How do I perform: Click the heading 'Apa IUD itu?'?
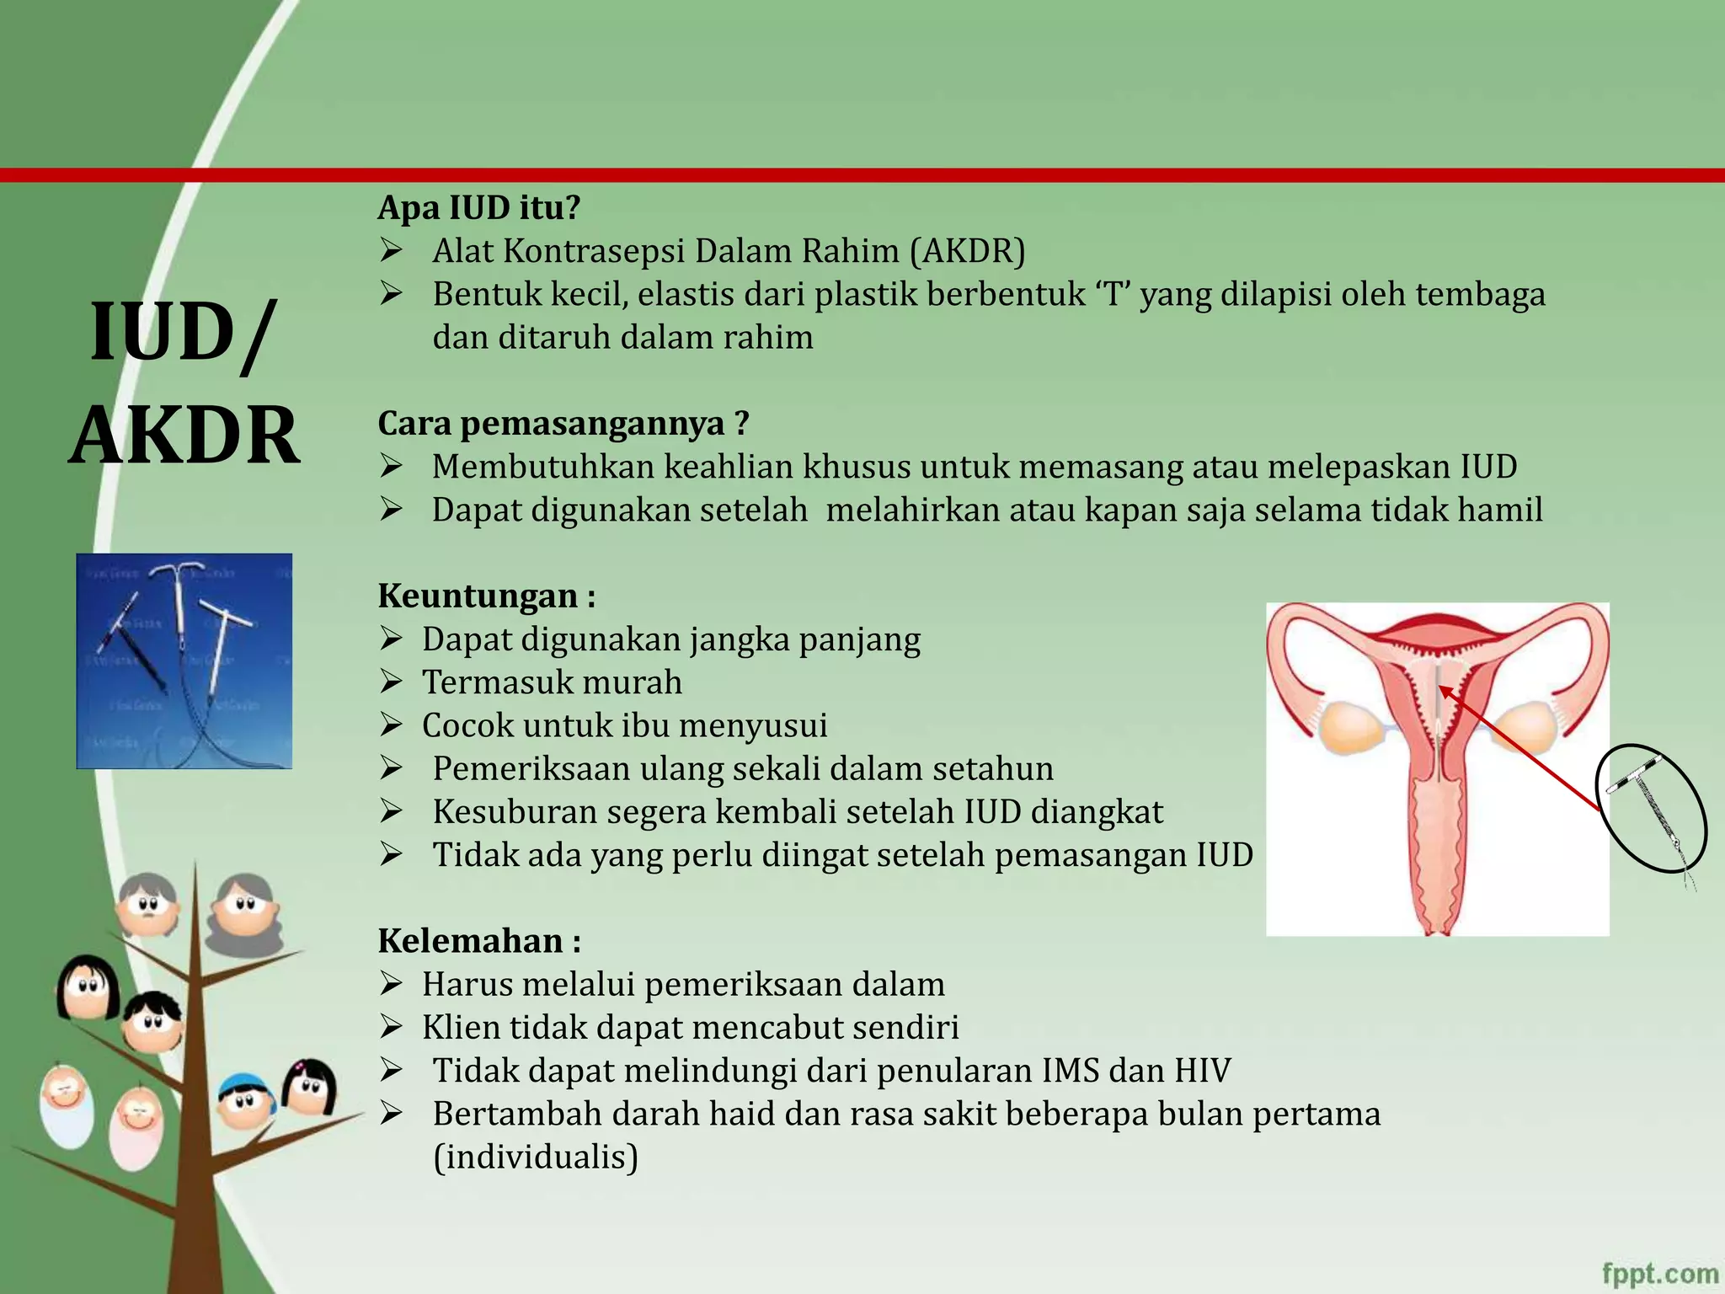coord(478,207)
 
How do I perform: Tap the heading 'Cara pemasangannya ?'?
coord(563,423)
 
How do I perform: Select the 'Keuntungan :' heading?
coord(487,596)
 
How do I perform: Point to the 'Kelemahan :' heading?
coord(479,941)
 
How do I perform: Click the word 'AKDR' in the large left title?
coord(184,436)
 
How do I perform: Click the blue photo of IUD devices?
coord(184,660)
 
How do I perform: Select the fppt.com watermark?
coord(1659,1273)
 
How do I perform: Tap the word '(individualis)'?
coord(536,1157)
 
